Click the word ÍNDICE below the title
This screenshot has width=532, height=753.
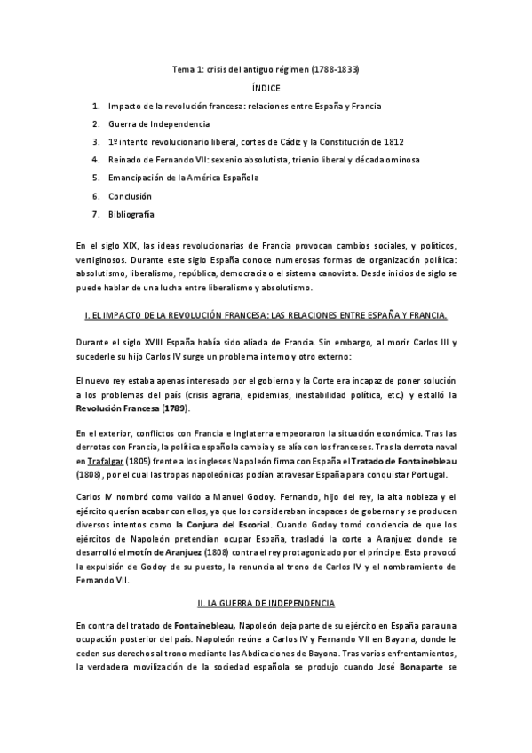click(x=266, y=88)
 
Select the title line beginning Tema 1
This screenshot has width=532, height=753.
click(x=266, y=69)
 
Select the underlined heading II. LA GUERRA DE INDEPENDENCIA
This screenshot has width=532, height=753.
click(x=265, y=603)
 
